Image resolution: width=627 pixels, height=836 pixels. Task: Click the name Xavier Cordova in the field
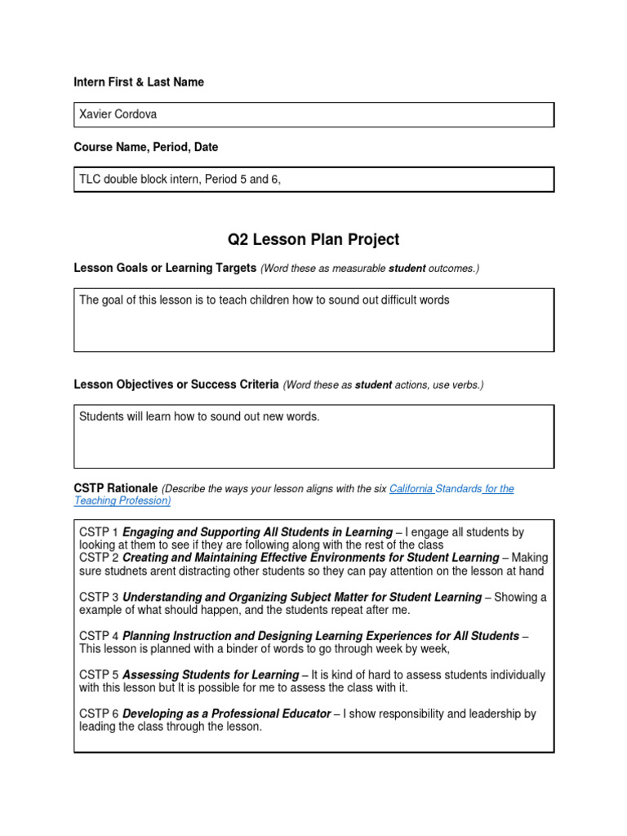[x=118, y=114]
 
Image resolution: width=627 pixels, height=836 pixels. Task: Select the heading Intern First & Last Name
[x=139, y=82]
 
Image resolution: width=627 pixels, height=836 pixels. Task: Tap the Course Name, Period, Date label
[x=146, y=148]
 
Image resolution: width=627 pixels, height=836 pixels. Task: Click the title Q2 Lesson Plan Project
[x=313, y=239]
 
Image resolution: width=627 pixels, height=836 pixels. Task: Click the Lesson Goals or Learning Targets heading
[x=165, y=269]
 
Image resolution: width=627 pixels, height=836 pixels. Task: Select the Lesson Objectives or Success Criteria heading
[x=176, y=385]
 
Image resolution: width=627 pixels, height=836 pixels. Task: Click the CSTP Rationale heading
[x=115, y=488]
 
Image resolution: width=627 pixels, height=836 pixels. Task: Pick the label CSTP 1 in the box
[x=99, y=532]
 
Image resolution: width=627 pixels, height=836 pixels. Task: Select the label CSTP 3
[x=99, y=598]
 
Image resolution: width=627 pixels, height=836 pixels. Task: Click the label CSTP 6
[x=99, y=714]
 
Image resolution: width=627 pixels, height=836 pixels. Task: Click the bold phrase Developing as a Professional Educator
[x=227, y=714]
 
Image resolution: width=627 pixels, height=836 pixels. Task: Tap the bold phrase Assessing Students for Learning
[x=211, y=675]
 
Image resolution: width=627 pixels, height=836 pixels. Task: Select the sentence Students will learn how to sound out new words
[x=199, y=417]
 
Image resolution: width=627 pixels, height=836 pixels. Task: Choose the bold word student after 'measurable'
[x=407, y=269]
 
